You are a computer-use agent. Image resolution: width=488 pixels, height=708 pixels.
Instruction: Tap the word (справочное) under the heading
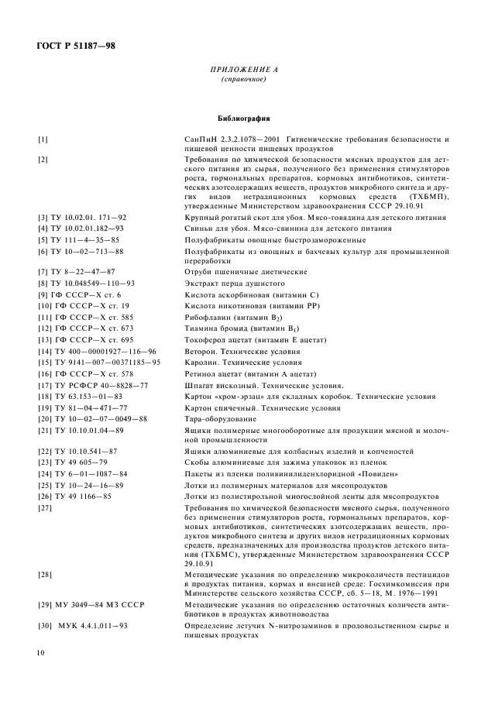pyautogui.click(x=243, y=80)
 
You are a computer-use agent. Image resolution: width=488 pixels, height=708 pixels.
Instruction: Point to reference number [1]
pyautogui.click(x=43, y=139)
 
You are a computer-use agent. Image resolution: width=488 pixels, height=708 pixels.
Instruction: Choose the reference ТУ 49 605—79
pyautogui.click(x=72, y=462)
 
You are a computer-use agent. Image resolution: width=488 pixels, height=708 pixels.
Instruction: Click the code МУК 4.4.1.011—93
pyautogui.click(x=81, y=624)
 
